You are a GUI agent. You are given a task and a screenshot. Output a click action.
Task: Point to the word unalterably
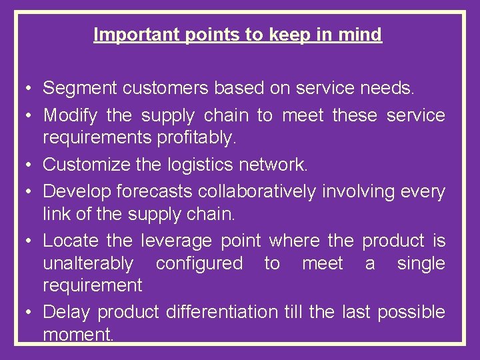click(88, 263)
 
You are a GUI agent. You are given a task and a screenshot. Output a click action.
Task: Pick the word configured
click(199, 263)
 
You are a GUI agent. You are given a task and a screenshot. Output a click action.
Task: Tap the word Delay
click(66, 312)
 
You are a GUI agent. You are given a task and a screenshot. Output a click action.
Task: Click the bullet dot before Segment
click(25, 89)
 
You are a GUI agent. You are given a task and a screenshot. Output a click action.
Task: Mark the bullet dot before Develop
click(25, 193)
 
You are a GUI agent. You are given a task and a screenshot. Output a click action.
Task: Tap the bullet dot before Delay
click(25, 313)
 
